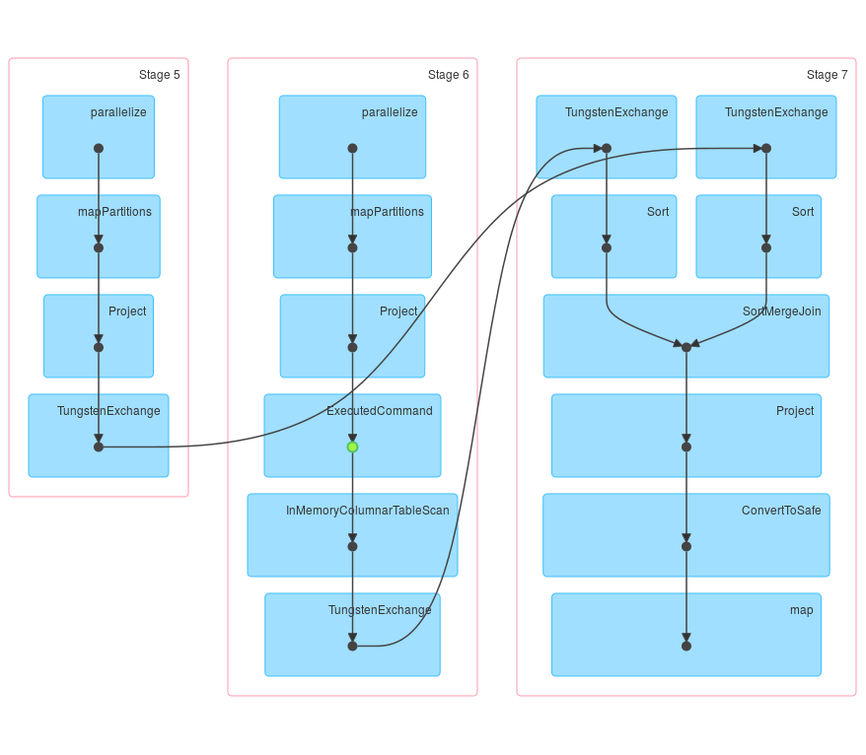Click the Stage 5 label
coord(159,75)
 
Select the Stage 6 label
coord(448,75)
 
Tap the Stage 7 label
coord(827,75)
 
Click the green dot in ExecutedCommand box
coord(352,446)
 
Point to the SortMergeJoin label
coord(781,311)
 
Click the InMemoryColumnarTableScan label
coord(367,511)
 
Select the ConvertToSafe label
coord(780,511)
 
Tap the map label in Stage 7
coord(801,610)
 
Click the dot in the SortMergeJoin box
coord(686,347)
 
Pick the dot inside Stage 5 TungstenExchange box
coord(99,446)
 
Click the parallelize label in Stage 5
coord(118,112)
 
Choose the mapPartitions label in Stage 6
coord(387,212)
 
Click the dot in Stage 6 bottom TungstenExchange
coord(352,646)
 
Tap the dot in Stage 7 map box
coord(686,646)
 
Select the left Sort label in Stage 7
coord(658,212)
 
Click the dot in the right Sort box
coord(766,247)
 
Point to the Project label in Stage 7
coord(795,411)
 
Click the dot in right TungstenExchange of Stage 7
coord(766,148)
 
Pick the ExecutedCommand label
coord(379,411)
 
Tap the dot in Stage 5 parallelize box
coord(99,148)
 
